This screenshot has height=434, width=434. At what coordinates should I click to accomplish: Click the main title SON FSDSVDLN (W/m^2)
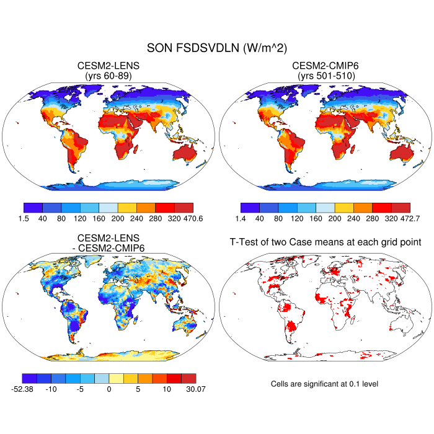(x=216, y=47)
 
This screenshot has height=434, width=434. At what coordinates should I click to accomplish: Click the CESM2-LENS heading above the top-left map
(x=108, y=66)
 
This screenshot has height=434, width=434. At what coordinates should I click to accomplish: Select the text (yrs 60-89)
(x=108, y=76)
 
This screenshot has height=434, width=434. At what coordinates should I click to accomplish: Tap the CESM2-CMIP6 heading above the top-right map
(x=325, y=66)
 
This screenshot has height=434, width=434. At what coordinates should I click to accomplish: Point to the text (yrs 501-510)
(x=325, y=76)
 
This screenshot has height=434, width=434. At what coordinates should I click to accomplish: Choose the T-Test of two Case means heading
(x=325, y=242)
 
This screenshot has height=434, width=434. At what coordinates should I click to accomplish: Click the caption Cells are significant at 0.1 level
(x=324, y=384)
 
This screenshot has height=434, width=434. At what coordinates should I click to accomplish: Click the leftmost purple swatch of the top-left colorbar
(x=33, y=208)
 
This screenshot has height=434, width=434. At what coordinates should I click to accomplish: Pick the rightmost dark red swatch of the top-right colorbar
(x=401, y=208)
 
